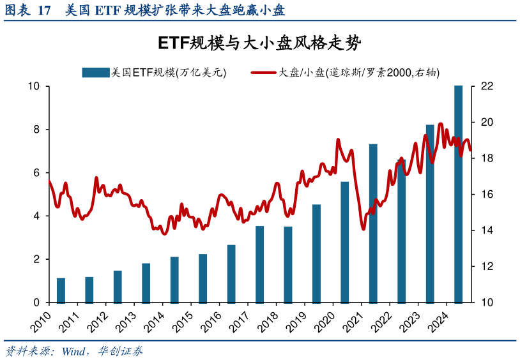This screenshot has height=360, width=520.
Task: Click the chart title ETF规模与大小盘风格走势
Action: [259, 43]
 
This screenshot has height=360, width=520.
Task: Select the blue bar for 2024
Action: [458, 194]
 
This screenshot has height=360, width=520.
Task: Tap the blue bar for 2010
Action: [61, 290]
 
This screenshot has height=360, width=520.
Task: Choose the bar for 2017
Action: [259, 264]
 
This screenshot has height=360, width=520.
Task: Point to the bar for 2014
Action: [174, 280]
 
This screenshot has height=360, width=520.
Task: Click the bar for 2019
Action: [316, 253]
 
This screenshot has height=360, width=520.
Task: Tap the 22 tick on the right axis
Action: [487, 86]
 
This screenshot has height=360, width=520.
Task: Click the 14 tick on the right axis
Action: [487, 230]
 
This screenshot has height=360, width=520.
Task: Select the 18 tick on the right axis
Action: [487, 158]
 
